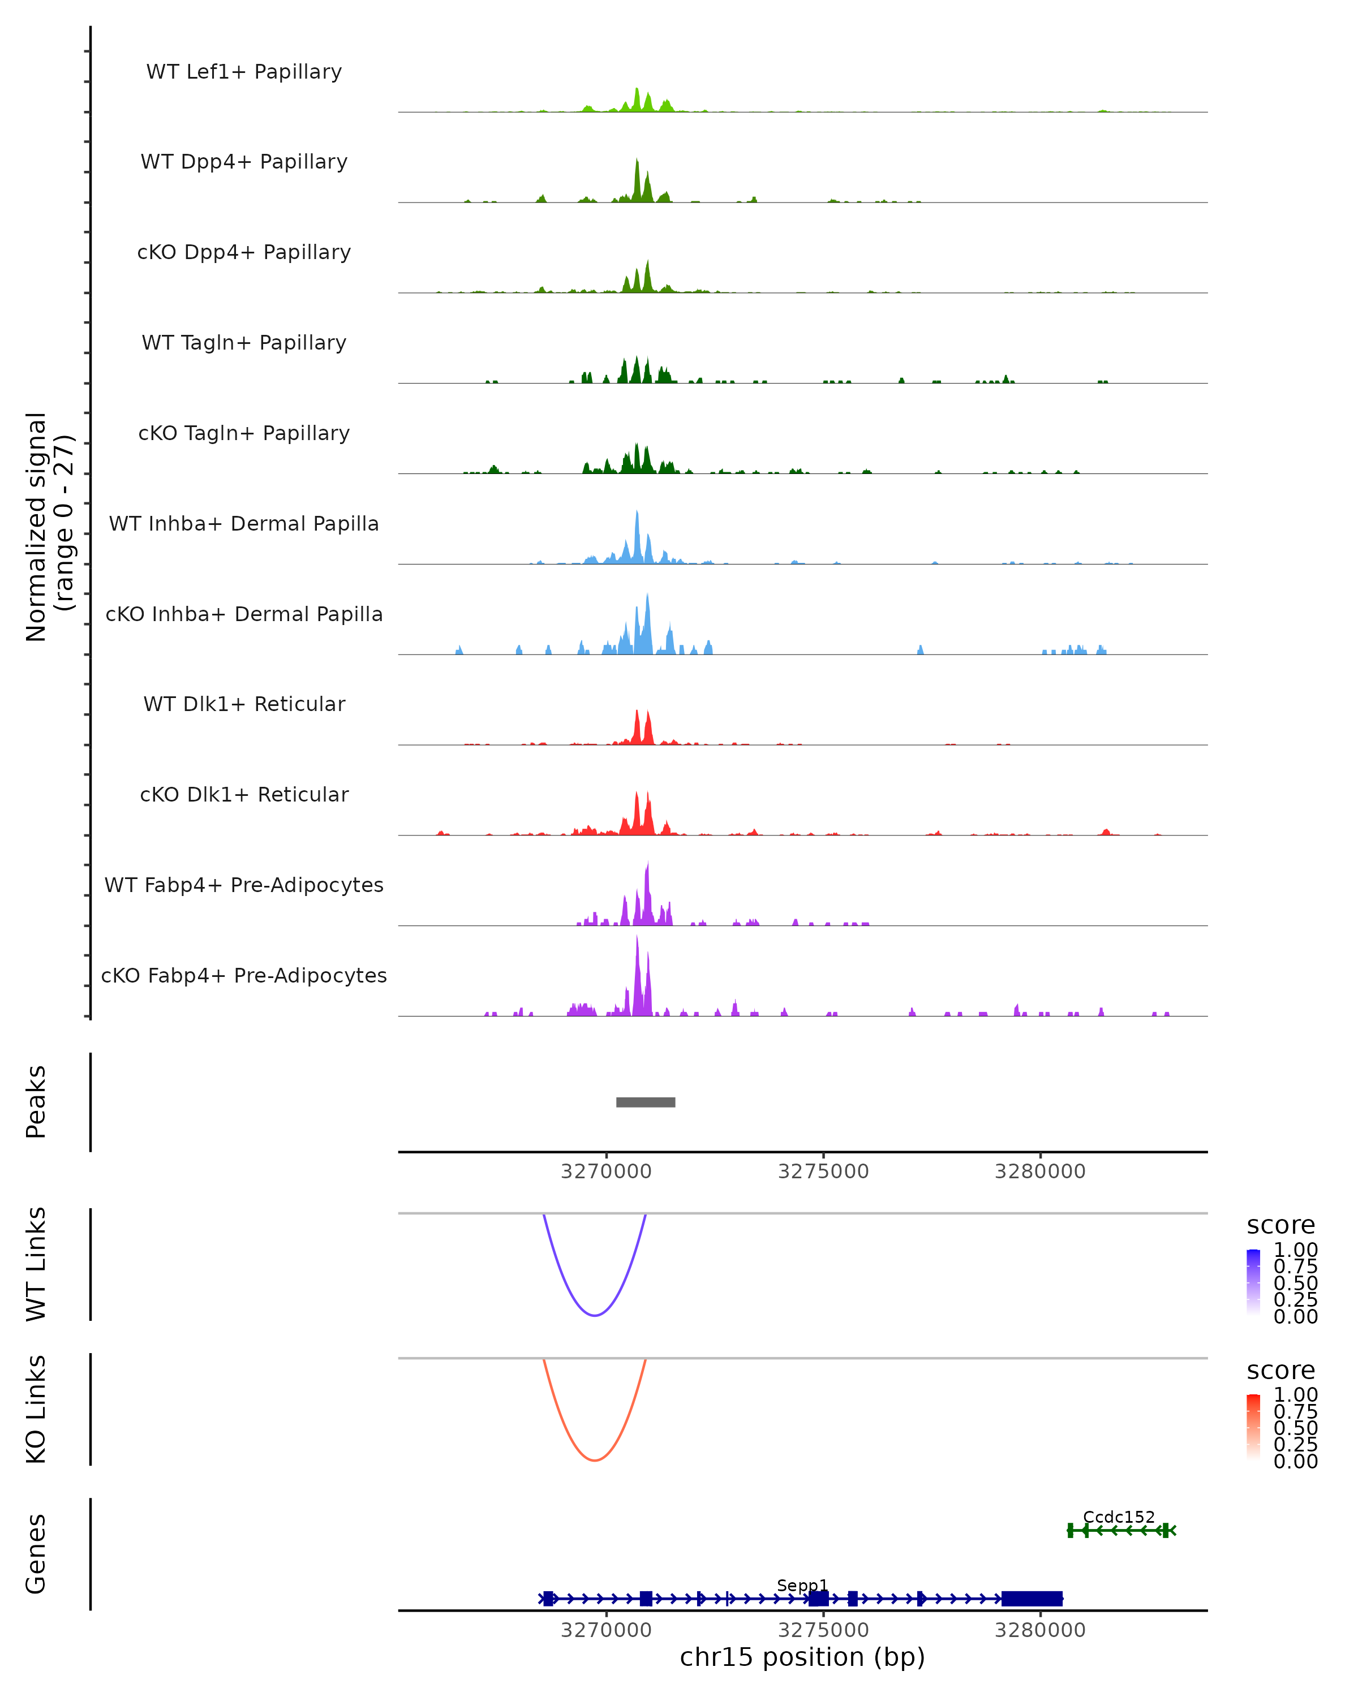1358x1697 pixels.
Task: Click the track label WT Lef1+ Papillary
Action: [x=244, y=72]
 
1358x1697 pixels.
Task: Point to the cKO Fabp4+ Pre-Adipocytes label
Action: [x=244, y=975]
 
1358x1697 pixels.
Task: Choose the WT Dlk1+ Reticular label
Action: [x=244, y=704]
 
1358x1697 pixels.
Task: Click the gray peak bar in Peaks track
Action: [x=646, y=1102]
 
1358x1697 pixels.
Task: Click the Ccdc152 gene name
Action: [x=1119, y=1517]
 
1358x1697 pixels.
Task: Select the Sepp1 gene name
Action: [x=802, y=1585]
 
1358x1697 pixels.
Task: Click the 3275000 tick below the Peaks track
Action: [x=823, y=1171]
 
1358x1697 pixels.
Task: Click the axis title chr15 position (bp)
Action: [x=802, y=1657]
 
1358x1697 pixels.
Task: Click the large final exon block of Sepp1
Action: [x=1032, y=1599]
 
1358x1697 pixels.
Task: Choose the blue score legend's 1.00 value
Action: [x=1295, y=1250]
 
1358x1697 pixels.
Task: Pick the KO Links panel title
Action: [x=36, y=1409]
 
